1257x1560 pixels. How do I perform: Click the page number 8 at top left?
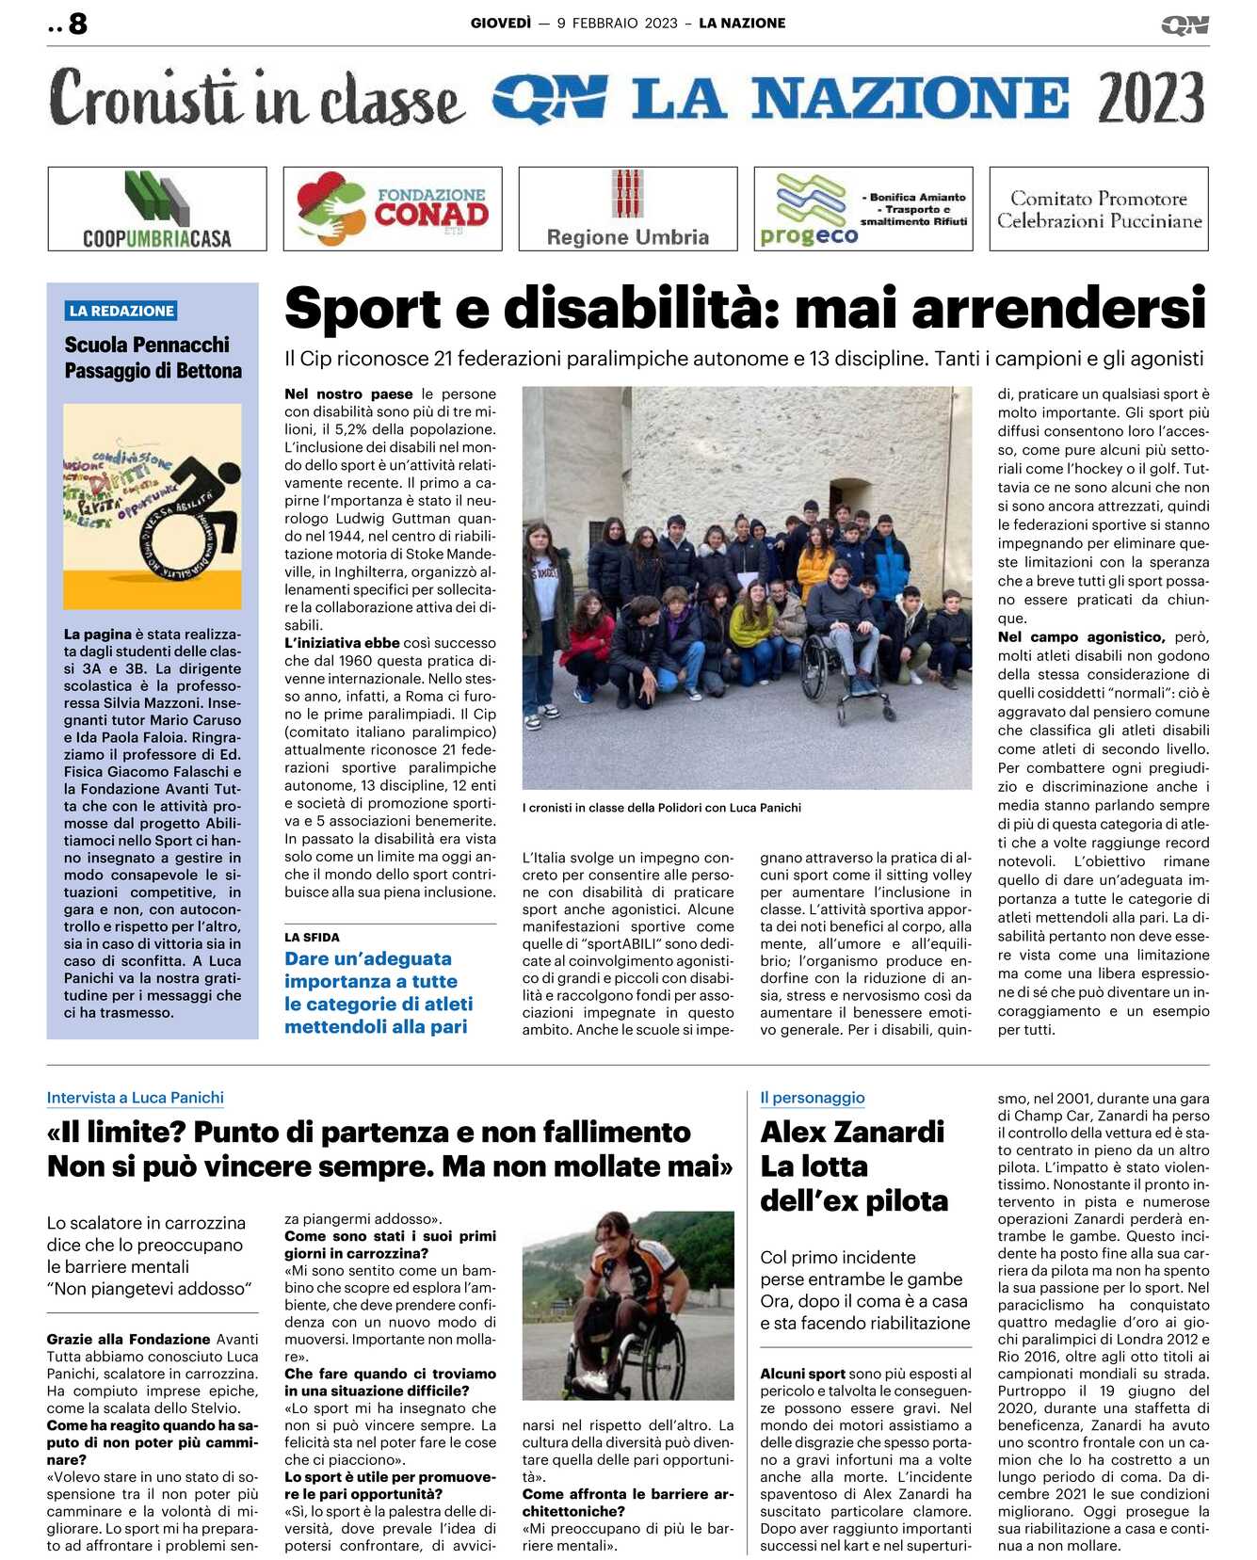(x=77, y=24)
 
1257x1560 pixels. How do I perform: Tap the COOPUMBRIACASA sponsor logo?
(x=157, y=209)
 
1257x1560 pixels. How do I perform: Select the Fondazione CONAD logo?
(x=393, y=209)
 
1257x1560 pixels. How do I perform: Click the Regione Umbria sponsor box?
(x=628, y=209)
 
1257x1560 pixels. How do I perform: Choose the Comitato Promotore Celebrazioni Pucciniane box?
(x=1099, y=209)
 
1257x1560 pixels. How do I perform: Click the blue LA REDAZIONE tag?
(x=121, y=311)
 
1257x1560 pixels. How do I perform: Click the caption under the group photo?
(x=661, y=808)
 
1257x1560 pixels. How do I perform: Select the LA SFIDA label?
(x=312, y=938)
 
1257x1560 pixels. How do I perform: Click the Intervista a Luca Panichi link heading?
(x=136, y=1098)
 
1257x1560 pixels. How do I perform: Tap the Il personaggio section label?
(x=812, y=1098)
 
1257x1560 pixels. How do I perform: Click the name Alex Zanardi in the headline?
(x=852, y=1132)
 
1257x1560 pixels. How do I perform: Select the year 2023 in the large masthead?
(x=1151, y=98)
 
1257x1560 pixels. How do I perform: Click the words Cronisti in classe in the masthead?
(x=256, y=98)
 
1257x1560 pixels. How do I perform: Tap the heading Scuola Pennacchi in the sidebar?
(x=147, y=345)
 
